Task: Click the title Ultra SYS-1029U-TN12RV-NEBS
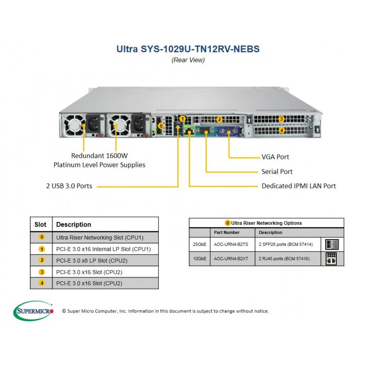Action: pyautogui.click(x=188, y=49)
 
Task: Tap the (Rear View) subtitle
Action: pyautogui.click(x=188, y=60)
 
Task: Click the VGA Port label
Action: pyautogui.click(x=275, y=157)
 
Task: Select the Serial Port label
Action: pyautogui.click(x=277, y=172)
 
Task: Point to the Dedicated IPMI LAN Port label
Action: pyautogui.click(x=299, y=186)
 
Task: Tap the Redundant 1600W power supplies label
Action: pyautogui.click(x=99, y=160)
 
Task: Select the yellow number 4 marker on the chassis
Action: pyautogui.click(x=282, y=130)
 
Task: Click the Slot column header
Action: pyautogui.click(x=40, y=225)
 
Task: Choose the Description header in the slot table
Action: pyautogui.click(x=73, y=225)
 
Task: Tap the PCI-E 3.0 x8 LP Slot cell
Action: pyautogui.click(x=92, y=261)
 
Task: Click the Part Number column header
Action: pyautogui.click(x=224, y=233)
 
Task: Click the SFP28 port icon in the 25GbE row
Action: pyautogui.click(x=331, y=245)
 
